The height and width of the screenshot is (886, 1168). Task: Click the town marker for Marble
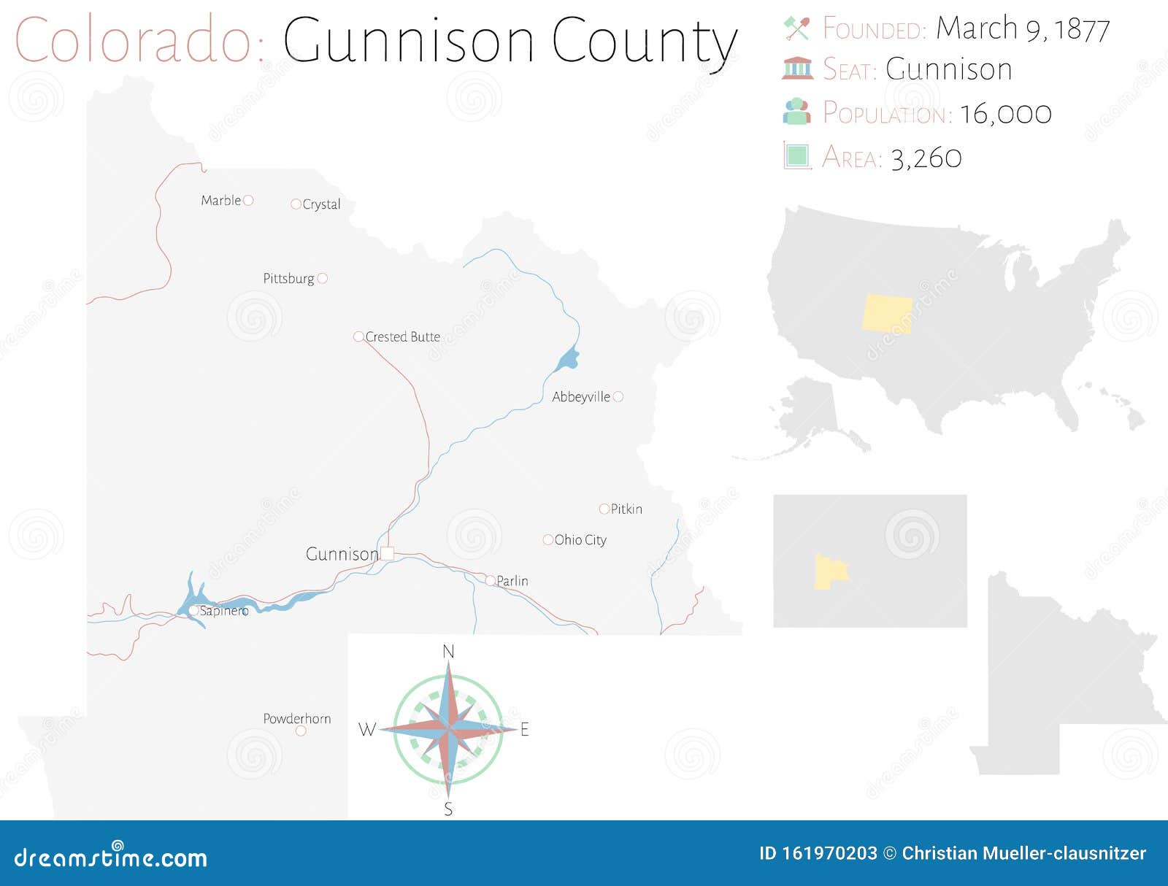tap(248, 200)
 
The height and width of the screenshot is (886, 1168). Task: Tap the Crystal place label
tap(321, 204)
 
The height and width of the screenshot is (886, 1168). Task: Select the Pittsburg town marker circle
tap(323, 278)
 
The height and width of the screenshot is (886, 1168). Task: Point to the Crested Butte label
tap(402, 336)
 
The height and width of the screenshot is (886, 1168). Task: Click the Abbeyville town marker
tap(618, 396)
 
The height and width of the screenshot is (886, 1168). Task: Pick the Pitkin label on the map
tap(626, 509)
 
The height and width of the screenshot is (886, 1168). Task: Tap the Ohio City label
tap(580, 540)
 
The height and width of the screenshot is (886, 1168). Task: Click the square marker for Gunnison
tap(387, 553)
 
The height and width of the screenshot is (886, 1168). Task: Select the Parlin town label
tap(512, 581)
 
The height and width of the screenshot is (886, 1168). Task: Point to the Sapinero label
tap(224, 611)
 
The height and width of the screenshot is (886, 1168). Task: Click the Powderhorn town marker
tap(301, 731)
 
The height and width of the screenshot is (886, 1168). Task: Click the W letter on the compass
tap(367, 729)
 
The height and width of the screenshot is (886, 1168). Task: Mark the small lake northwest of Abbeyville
tap(567, 359)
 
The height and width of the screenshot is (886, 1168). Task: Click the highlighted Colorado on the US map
tap(888, 314)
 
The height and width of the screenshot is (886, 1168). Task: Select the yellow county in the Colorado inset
tap(829, 571)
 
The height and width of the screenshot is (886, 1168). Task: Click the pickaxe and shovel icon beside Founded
tap(796, 28)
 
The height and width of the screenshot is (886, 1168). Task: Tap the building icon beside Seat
tap(796, 69)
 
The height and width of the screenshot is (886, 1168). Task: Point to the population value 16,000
tap(1005, 114)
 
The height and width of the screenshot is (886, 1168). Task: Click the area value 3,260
tap(926, 158)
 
